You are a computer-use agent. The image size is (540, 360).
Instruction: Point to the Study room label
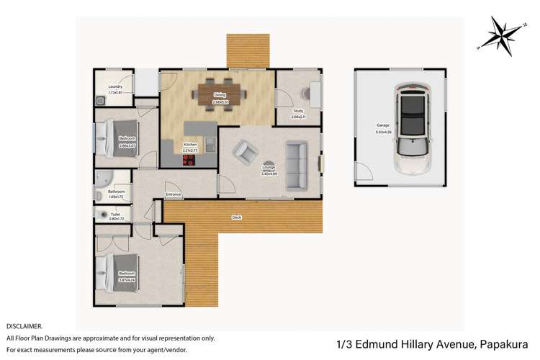pyautogui.click(x=297, y=111)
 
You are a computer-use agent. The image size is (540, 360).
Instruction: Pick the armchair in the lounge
pyautogui.click(x=245, y=150)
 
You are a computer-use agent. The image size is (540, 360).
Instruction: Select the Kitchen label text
pyautogui.click(x=190, y=144)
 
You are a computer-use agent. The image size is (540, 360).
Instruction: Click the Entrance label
pyautogui.click(x=174, y=194)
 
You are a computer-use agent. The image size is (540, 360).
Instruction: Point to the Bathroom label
pyautogui.click(x=117, y=192)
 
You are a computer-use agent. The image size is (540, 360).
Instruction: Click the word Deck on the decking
pyautogui.click(x=236, y=217)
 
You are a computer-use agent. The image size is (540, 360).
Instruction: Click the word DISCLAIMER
pyautogui.click(x=24, y=326)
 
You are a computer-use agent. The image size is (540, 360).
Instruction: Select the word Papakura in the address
pyautogui.click(x=503, y=344)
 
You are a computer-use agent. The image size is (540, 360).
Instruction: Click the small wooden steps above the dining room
pyautogui.click(x=248, y=50)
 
